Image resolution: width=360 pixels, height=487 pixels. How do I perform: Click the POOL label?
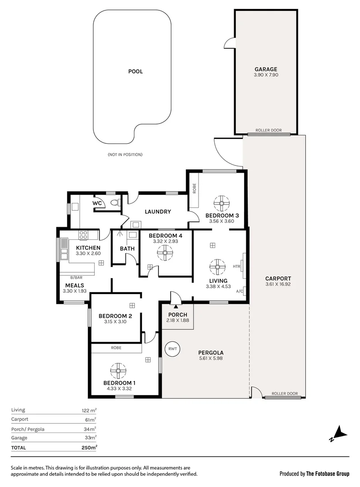135,71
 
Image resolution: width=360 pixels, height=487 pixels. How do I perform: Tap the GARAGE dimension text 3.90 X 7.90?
266,75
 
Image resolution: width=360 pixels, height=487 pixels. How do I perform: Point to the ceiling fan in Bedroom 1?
119,371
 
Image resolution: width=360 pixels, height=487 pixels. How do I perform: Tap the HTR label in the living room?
236,266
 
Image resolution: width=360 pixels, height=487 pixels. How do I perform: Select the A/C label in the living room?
239,291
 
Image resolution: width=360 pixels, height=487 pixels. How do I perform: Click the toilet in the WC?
118,203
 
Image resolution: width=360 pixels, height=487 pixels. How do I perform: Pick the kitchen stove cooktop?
83,234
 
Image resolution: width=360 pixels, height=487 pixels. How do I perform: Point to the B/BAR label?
76,277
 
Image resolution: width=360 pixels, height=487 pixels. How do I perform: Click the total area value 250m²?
88,448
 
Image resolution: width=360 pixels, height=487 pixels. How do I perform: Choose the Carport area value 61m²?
90,419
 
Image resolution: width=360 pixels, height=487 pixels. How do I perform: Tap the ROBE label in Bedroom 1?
116,348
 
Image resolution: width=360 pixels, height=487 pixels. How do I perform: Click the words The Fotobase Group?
328,473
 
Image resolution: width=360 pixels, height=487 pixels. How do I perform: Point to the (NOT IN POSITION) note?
125,155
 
